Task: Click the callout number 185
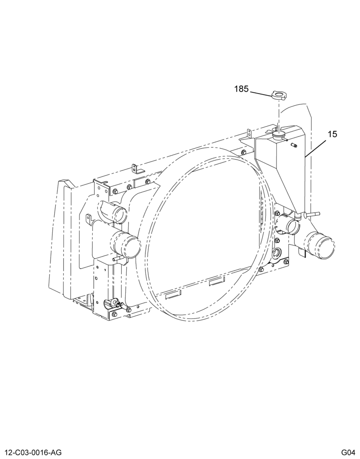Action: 242,89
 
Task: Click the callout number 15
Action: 332,134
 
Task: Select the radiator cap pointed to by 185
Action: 280,95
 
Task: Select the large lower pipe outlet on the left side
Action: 125,245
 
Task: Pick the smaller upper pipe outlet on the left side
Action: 117,215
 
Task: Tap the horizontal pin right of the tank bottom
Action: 312,214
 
